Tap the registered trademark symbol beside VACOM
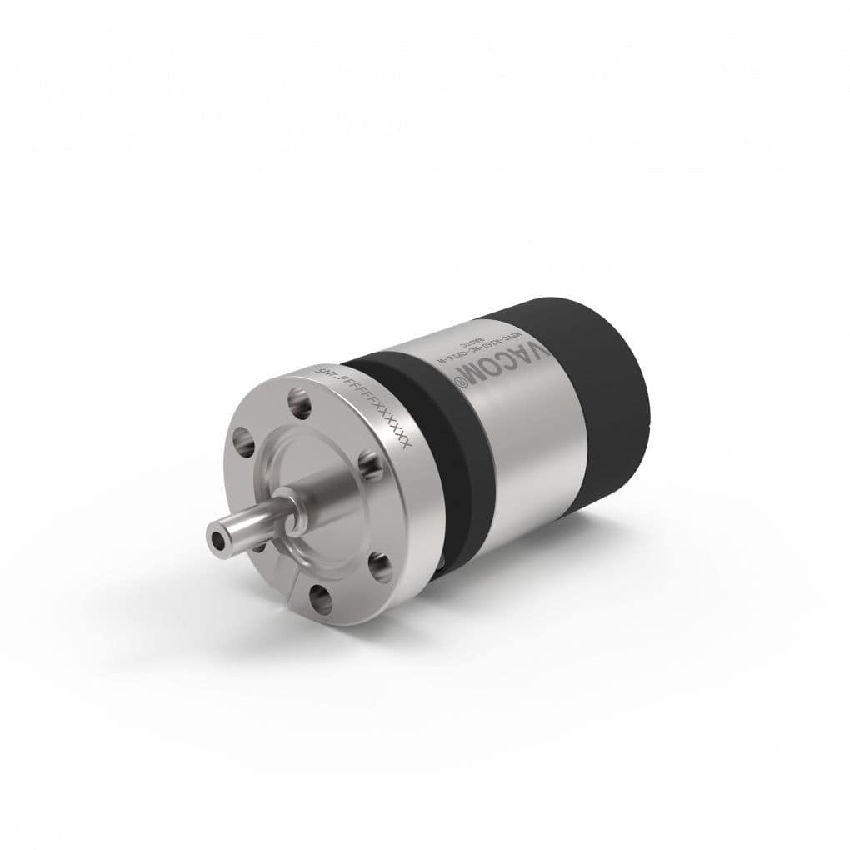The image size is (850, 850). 457,379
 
